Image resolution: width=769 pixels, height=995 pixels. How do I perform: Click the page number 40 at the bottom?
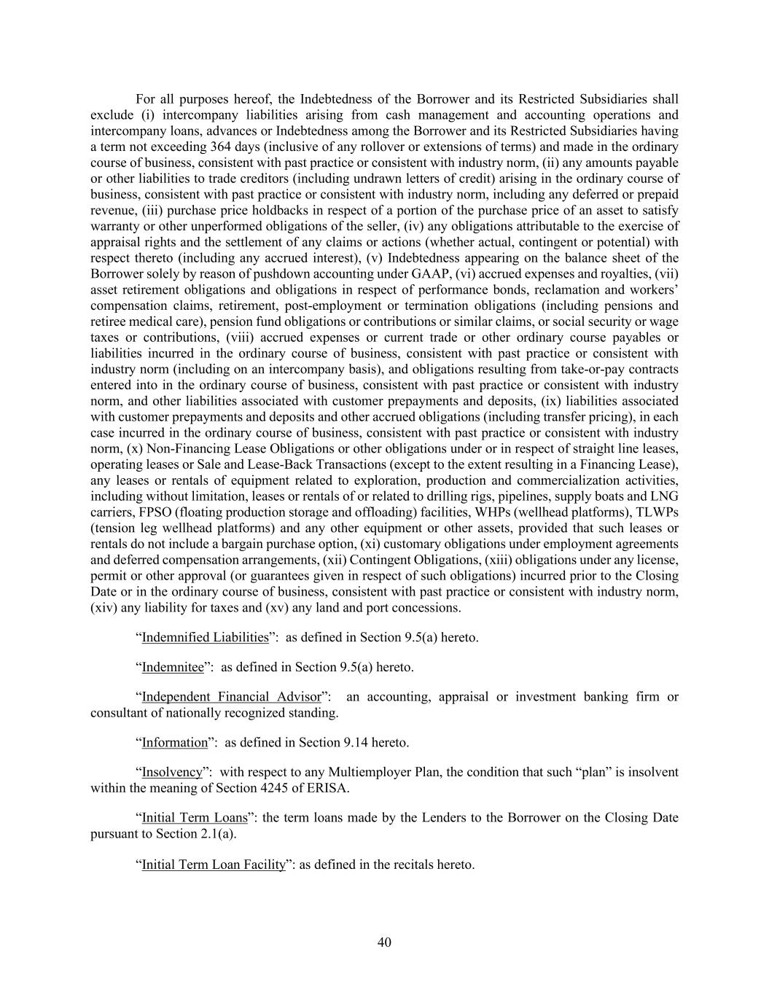(384, 943)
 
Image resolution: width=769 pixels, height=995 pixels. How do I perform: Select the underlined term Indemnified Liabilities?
(205, 638)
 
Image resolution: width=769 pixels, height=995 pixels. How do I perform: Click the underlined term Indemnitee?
(173, 667)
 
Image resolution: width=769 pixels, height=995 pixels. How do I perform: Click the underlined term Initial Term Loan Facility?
(213, 865)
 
